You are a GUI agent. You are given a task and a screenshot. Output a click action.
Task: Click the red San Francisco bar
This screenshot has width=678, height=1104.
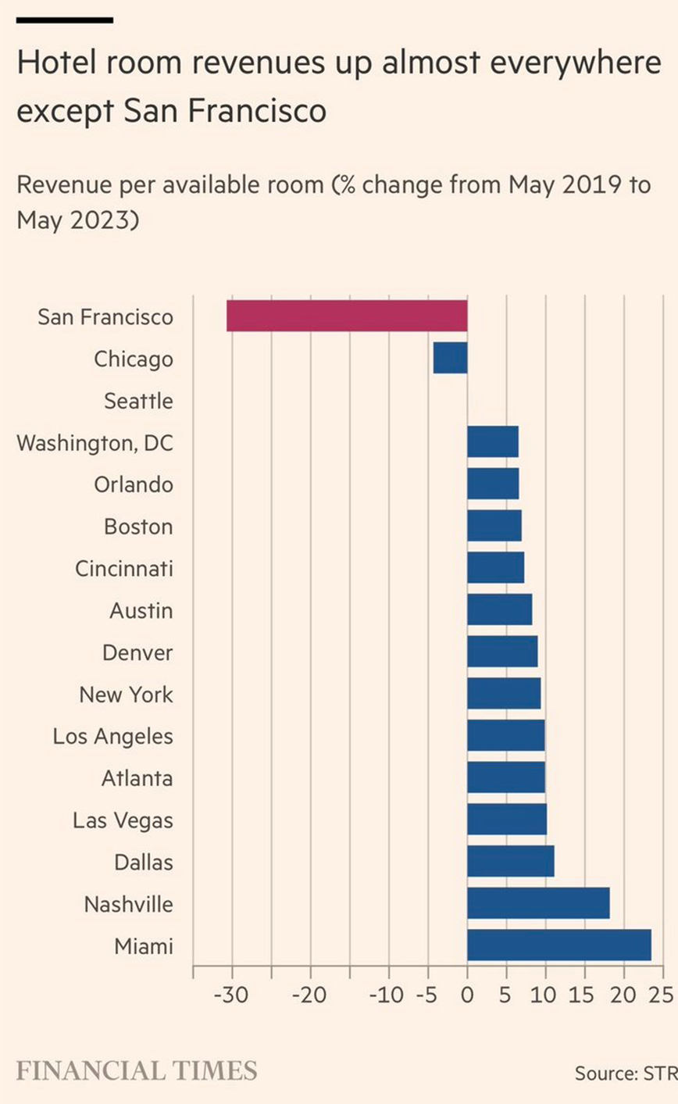(x=347, y=316)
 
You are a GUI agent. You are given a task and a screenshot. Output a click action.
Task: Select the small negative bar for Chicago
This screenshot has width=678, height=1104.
(x=450, y=359)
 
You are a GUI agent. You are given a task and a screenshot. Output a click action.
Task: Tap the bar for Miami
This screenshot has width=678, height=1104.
(x=558, y=945)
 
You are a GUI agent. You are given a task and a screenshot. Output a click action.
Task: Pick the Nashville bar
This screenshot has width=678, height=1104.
(x=538, y=903)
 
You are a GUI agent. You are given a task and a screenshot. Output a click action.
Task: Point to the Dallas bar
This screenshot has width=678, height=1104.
(x=511, y=861)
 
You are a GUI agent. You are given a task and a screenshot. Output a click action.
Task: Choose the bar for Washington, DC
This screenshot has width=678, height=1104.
(x=493, y=442)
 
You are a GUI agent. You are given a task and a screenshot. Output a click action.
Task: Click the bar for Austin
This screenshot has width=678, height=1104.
(x=500, y=609)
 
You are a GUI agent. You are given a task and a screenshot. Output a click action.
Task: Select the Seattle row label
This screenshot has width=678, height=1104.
(x=138, y=402)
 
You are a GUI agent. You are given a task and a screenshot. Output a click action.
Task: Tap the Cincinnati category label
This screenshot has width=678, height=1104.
(x=124, y=568)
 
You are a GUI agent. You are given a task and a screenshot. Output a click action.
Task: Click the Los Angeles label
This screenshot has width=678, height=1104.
(x=113, y=736)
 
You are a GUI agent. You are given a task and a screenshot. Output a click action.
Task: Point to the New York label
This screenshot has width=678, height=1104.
(x=127, y=694)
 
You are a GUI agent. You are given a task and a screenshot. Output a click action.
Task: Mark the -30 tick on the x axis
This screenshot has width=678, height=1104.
(x=231, y=996)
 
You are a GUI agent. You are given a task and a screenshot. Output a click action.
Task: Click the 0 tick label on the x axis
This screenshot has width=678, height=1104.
(x=467, y=996)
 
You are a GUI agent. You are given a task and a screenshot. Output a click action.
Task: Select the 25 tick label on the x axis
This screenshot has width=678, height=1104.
(x=662, y=996)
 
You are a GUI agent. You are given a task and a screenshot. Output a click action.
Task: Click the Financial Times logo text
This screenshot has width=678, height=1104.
(x=137, y=1070)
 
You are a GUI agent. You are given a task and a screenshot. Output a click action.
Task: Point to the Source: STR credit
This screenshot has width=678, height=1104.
(x=626, y=1073)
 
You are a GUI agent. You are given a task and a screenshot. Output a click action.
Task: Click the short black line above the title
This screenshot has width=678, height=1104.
(x=65, y=20)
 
